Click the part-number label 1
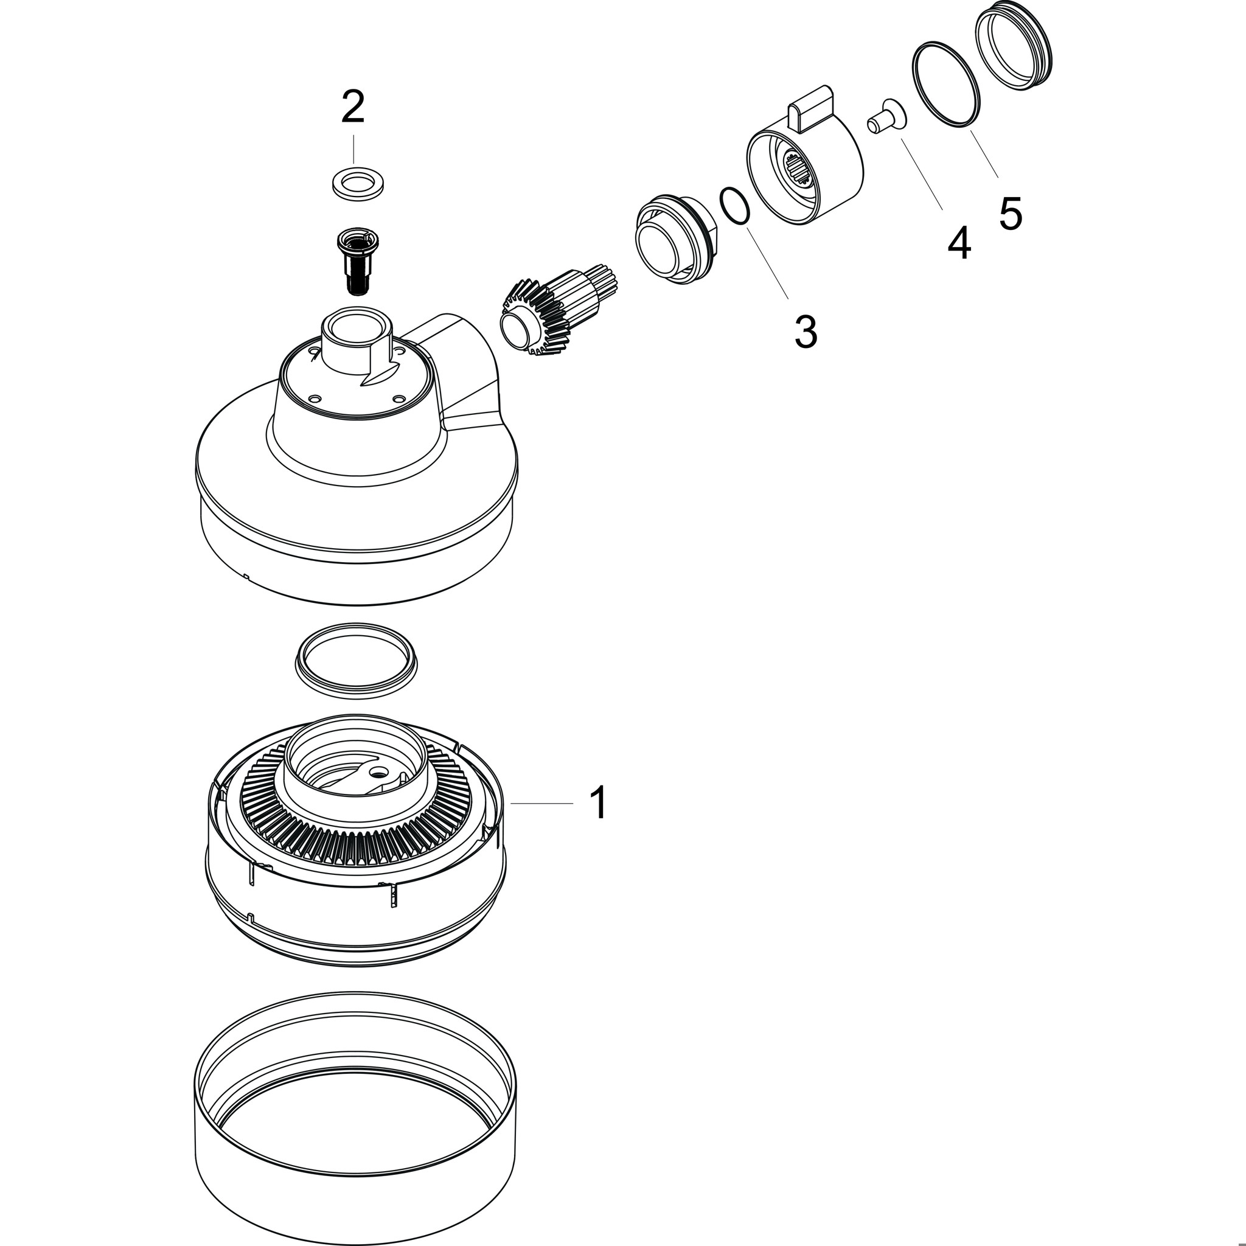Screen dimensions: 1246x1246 click(x=599, y=803)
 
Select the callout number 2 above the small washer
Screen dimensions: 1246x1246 click(x=353, y=106)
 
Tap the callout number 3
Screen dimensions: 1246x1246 click(x=806, y=332)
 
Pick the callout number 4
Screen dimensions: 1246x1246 click(x=959, y=243)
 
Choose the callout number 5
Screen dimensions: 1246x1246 click(x=1011, y=213)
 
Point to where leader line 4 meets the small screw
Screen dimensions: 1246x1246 click(x=900, y=139)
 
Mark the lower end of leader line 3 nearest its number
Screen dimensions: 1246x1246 click(x=788, y=298)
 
